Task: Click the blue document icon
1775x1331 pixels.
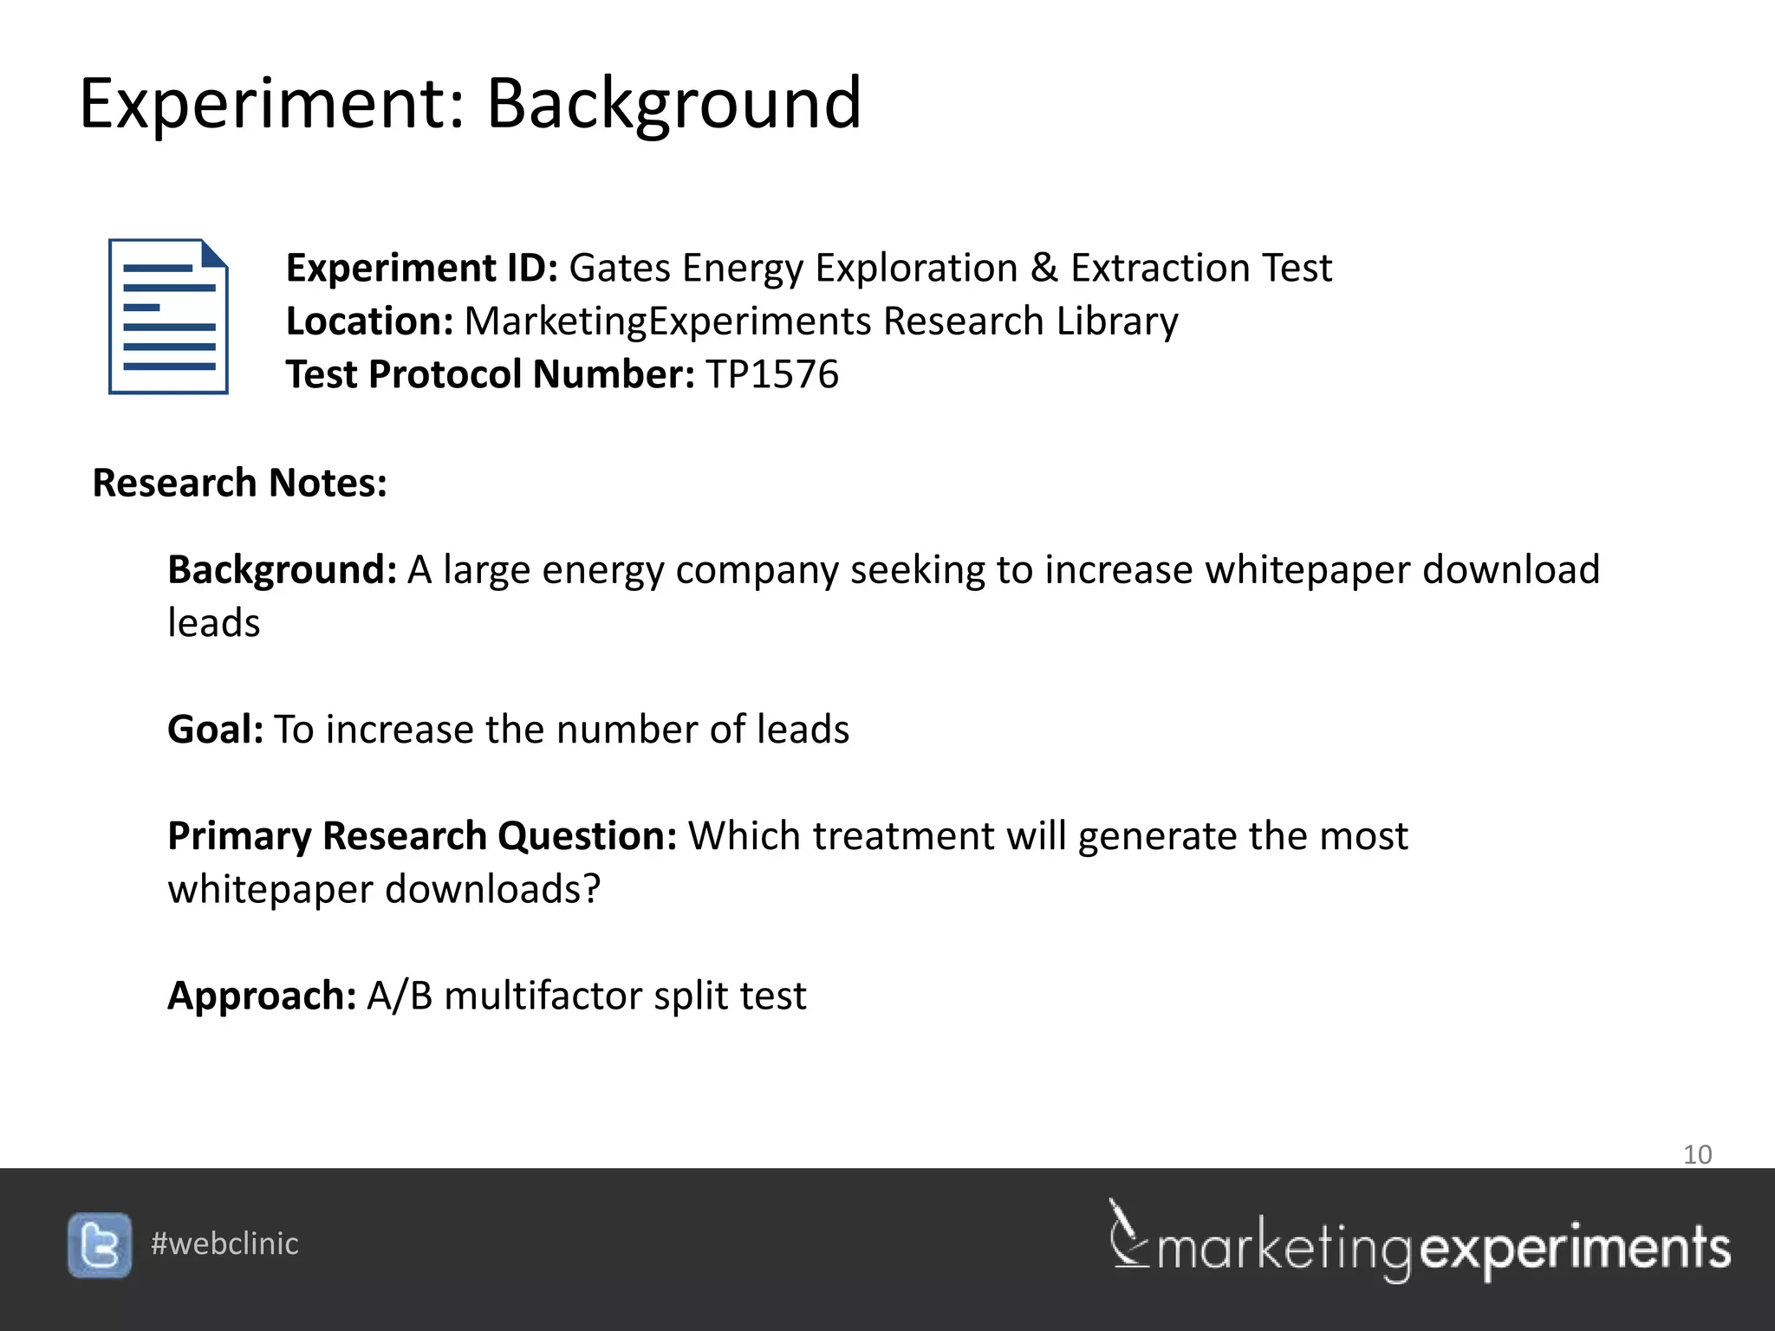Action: click(168, 316)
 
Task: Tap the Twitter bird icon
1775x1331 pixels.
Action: click(100, 1245)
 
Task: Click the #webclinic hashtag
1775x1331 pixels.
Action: click(224, 1244)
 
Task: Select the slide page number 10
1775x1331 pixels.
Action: click(1697, 1154)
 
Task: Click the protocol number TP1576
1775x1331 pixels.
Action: click(772, 375)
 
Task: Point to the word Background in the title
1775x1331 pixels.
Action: click(673, 104)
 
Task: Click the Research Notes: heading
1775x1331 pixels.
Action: click(239, 484)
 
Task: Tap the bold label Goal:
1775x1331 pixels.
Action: click(215, 730)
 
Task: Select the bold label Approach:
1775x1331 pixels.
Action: click(261, 996)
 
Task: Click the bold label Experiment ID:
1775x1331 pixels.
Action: click(421, 268)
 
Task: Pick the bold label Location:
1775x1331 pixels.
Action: click(369, 321)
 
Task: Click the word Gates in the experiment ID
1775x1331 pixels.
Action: click(620, 268)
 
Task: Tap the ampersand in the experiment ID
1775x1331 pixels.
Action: click(1044, 268)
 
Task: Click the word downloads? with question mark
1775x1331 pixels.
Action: click(492, 890)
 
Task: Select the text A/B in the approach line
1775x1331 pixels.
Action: click(400, 996)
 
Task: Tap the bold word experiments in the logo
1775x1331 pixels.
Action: click(1576, 1250)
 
